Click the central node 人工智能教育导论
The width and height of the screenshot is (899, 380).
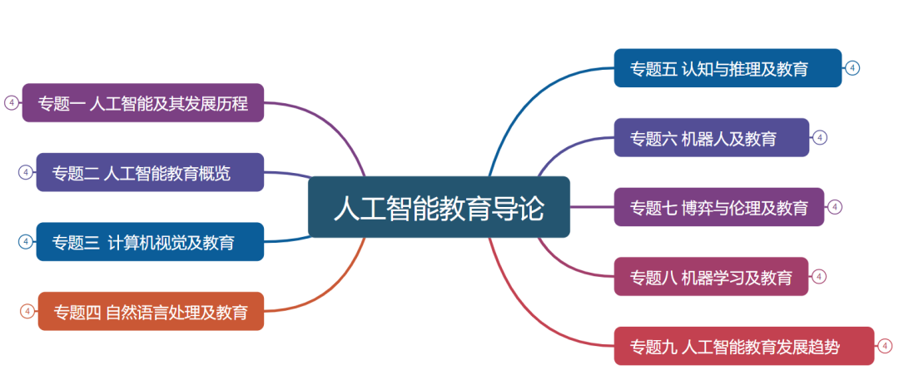point(439,207)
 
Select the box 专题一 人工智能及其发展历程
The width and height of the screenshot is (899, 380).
point(143,102)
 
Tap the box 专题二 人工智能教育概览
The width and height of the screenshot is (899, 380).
point(150,172)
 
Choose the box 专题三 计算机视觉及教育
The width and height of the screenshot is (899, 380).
point(150,241)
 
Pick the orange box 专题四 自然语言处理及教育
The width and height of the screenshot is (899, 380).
point(151,311)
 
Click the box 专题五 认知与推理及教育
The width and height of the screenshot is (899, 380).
point(728,68)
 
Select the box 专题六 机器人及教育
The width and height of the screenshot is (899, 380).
point(712,137)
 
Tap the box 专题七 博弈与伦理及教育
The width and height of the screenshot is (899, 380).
point(719,207)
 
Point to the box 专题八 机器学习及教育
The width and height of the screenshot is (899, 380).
point(711,276)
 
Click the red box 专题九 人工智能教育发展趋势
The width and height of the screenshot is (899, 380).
point(744,346)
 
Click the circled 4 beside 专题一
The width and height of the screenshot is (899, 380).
point(11,102)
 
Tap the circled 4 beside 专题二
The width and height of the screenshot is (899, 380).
point(25,172)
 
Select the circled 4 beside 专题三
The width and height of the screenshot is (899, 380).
point(25,241)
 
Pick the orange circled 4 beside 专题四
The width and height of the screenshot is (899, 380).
point(27,311)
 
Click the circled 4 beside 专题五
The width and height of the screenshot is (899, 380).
point(852,68)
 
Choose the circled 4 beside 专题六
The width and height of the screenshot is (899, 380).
point(820,137)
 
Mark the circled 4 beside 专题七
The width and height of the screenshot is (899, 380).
point(835,207)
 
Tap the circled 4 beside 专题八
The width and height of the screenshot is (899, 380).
point(819,276)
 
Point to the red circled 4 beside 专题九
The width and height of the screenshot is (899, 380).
point(885,346)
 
